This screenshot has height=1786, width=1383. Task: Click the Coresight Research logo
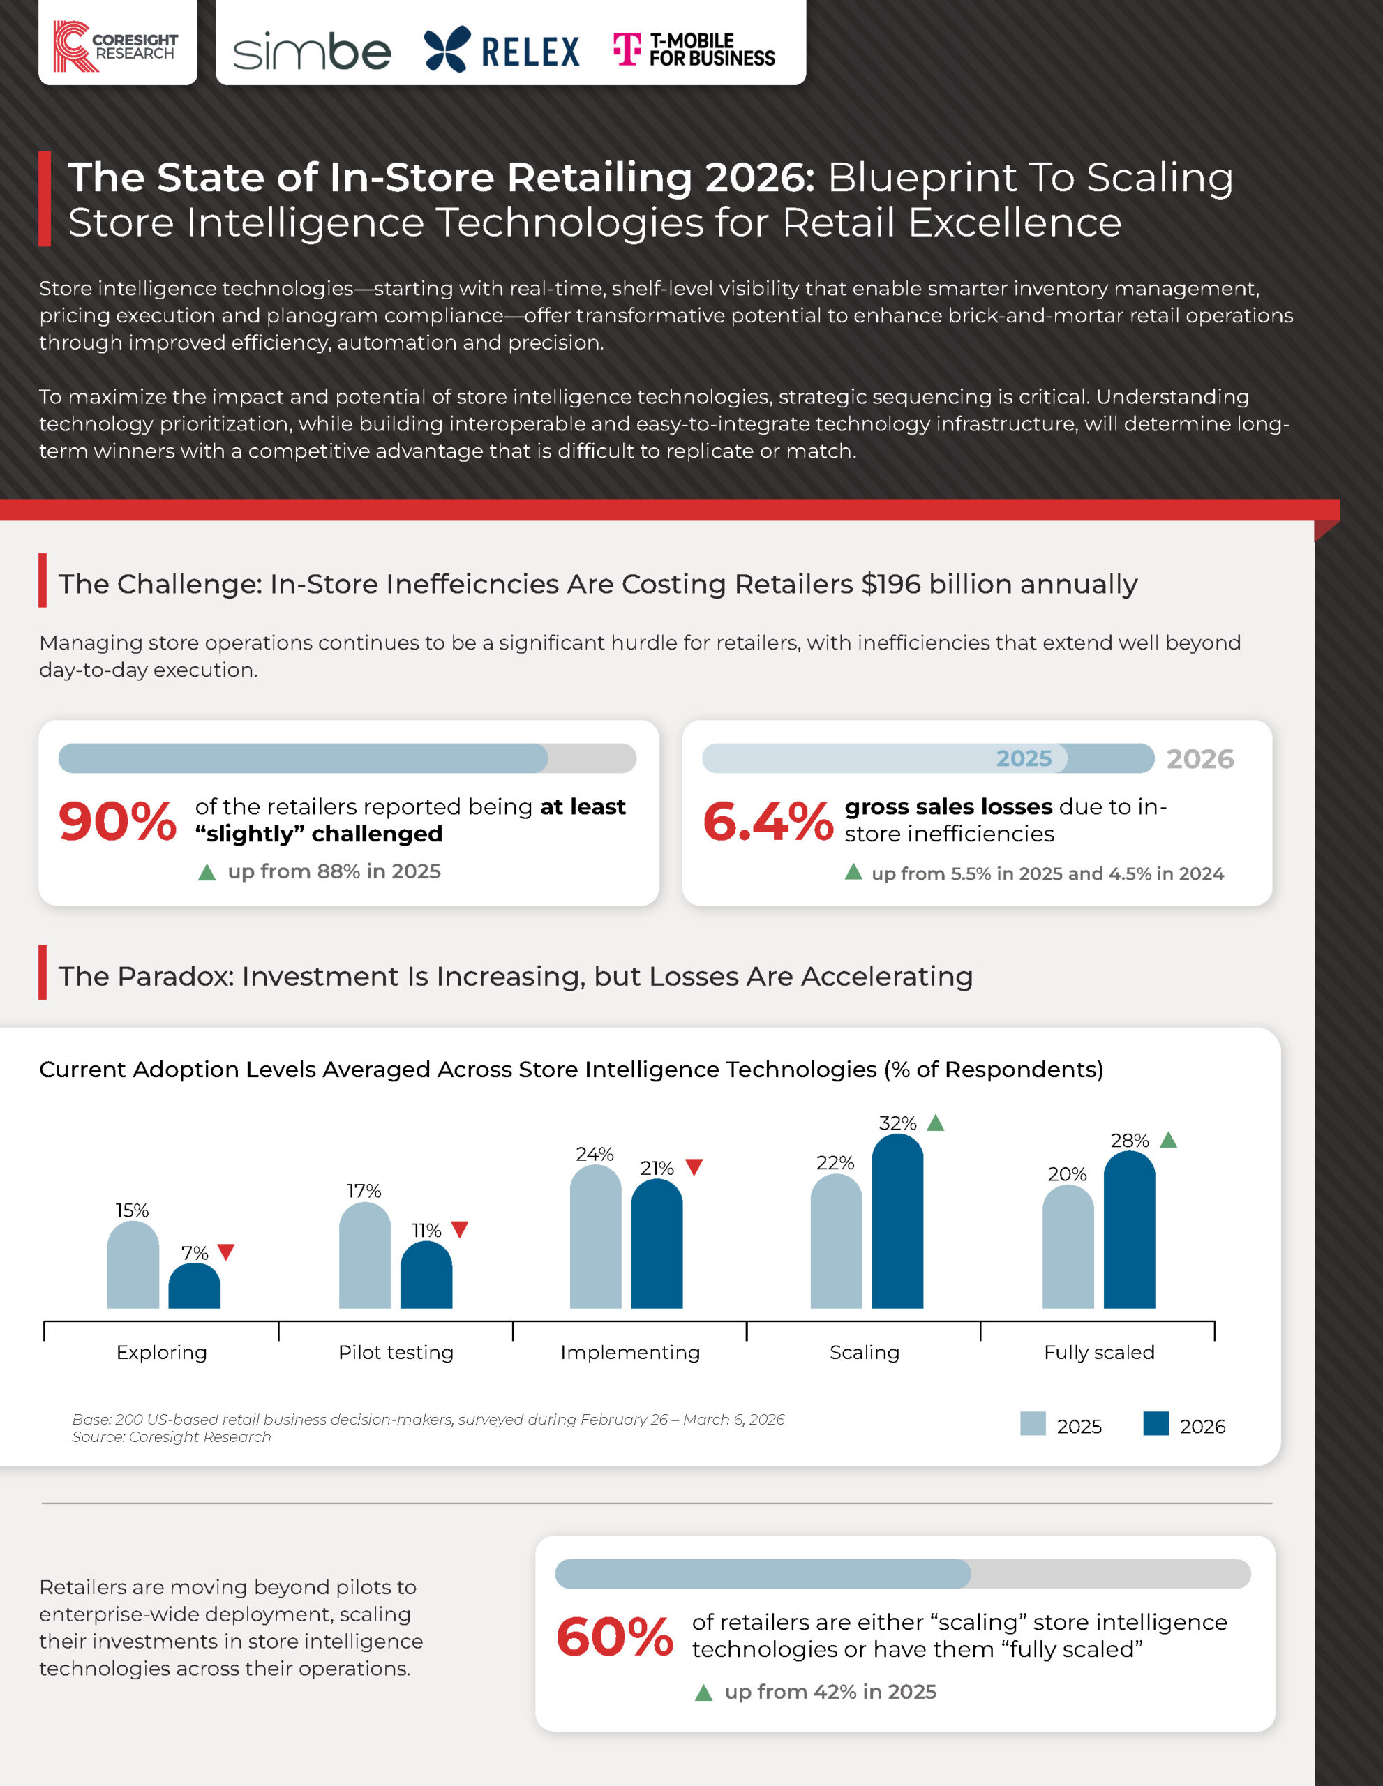115,47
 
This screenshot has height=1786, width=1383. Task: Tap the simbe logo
312,52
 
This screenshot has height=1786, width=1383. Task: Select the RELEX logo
501,49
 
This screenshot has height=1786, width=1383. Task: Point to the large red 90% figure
117,821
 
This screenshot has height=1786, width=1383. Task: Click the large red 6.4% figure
767,821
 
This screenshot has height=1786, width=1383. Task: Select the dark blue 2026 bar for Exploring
195,1286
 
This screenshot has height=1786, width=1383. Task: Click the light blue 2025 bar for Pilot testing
365,1255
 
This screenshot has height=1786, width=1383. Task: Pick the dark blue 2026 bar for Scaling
897,1221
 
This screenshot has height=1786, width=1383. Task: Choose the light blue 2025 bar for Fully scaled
1068,1246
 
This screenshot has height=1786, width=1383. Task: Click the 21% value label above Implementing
657,1168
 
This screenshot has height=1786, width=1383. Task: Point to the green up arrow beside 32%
936,1123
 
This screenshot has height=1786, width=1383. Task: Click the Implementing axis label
630,1353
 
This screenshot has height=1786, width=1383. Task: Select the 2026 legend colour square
1156,1423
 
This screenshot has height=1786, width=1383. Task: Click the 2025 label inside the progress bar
1023,758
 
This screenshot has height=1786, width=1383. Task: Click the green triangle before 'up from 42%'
703,1693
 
